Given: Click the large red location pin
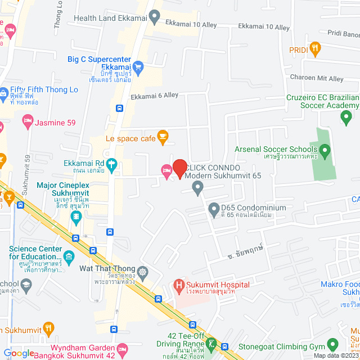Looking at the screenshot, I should (179, 168).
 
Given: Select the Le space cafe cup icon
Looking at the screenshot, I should (163, 136).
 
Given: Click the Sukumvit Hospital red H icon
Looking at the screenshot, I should (179, 285).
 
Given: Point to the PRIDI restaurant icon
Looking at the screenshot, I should (314, 49).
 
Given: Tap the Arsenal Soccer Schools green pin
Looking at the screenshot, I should (325, 150).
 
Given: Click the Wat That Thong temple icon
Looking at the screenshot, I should (144, 272).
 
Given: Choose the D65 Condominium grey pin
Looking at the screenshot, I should (214, 210).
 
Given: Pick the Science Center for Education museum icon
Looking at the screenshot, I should (69, 258).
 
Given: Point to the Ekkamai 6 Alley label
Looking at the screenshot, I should (154, 96).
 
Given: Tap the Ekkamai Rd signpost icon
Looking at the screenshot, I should (111, 164).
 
